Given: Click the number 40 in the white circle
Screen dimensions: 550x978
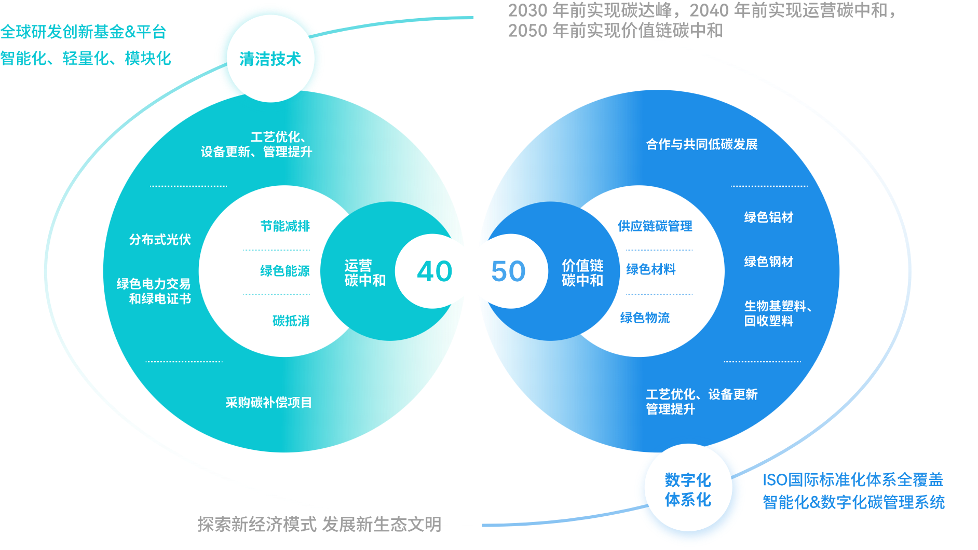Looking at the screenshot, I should (434, 271).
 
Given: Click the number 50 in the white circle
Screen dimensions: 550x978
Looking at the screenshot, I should (508, 271).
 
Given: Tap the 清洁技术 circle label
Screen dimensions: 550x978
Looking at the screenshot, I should (270, 59).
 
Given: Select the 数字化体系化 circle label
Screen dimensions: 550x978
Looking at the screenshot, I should (688, 489).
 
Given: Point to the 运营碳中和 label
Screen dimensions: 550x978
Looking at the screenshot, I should (364, 273).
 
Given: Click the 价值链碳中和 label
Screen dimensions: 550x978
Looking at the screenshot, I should (582, 273).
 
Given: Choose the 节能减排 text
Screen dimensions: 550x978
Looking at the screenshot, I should (285, 226).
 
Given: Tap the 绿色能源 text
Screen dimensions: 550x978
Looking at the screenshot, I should (284, 271).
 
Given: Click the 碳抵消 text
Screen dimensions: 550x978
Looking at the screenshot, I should (291, 321).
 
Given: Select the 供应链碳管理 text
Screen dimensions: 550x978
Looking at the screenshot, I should (655, 226).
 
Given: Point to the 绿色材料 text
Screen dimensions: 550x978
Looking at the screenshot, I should (651, 269).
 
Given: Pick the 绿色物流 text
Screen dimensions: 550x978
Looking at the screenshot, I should (645, 318).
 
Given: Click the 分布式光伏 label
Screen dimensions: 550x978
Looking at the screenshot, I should (160, 239).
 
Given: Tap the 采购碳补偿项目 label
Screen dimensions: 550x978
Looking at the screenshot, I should (268, 402).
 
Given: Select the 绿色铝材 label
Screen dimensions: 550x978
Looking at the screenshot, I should (768, 217).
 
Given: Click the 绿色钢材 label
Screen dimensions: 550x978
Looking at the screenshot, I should (768, 262).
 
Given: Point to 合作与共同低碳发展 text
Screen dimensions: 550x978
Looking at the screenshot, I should (701, 144).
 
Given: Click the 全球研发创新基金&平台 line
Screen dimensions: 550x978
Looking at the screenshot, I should (83, 32).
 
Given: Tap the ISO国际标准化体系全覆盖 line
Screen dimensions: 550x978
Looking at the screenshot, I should (852, 480).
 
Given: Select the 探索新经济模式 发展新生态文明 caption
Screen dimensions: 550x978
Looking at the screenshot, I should (319, 525).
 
